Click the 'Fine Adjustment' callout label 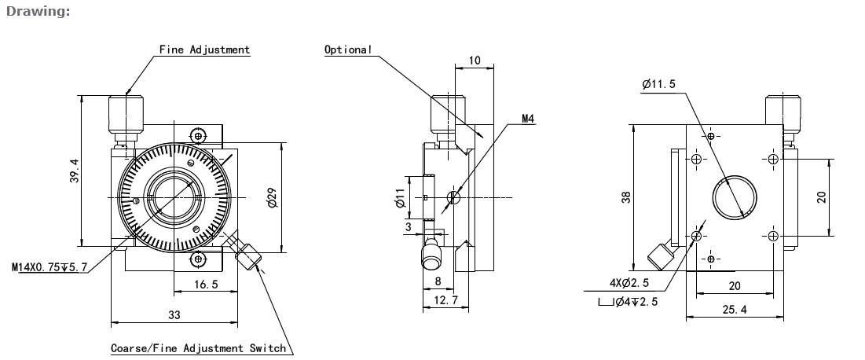coord(204,50)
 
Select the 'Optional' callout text coord(348,50)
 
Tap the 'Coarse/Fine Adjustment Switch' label coord(198,347)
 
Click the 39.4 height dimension coord(74,171)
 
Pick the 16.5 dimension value coord(204,285)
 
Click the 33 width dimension coord(174,314)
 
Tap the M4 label coord(527,119)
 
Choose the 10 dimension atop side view coord(475,61)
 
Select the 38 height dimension coord(626,197)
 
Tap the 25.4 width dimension coord(734,310)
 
